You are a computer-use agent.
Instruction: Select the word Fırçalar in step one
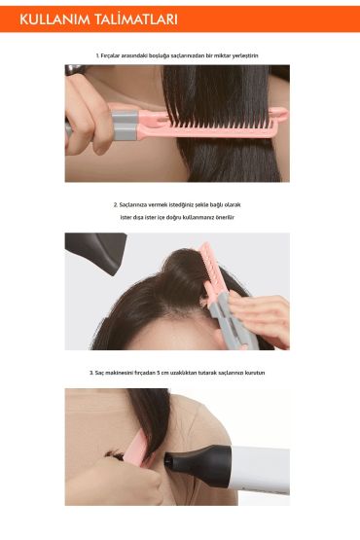113,56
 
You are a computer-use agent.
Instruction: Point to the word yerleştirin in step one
245,56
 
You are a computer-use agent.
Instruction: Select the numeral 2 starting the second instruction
115,205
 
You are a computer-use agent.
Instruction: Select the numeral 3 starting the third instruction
90,373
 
